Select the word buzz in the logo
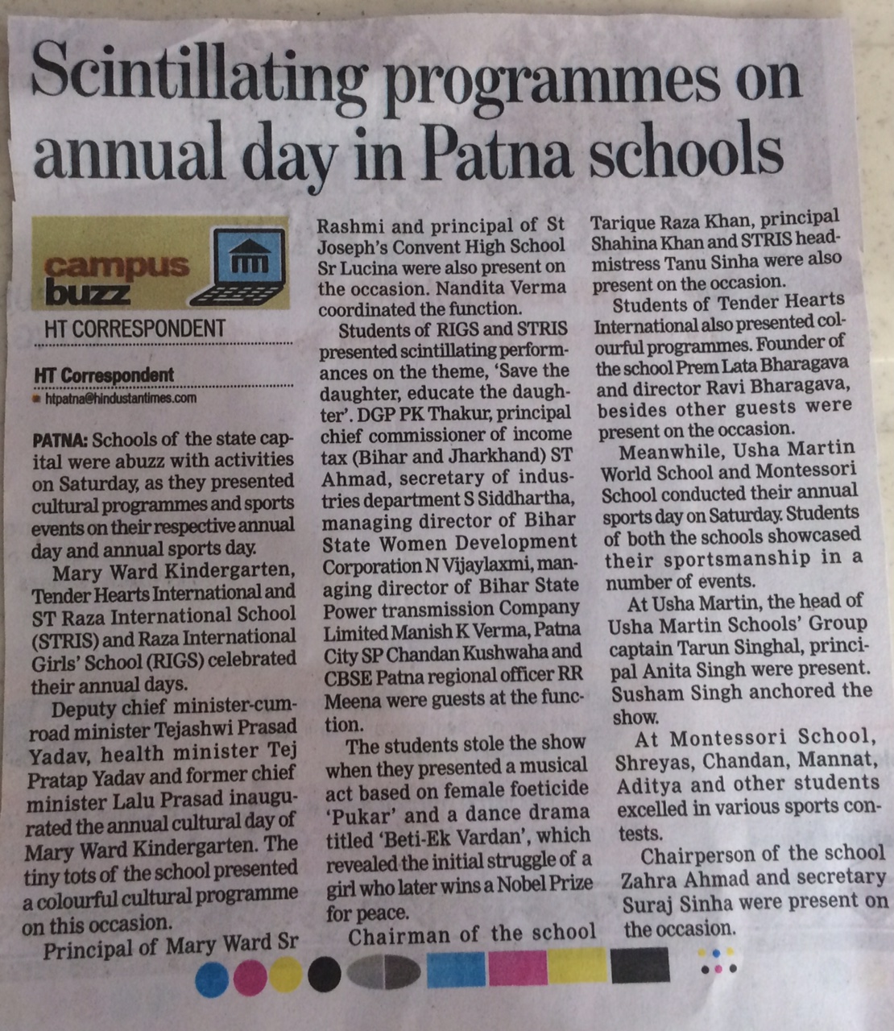pyautogui.click(x=89, y=291)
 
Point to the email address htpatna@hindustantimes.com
pyautogui.click(x=121, y=398)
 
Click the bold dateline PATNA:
pyautogui.click(x=60, y=440)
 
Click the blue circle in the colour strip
pyautogui.click(x=211, y=977)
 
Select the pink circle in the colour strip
pyautogui.click(x=250, y=977)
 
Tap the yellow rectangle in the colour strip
pyautogui.click(x=577, y=967)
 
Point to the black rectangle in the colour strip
pyautogui.click(x=640, y=967)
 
